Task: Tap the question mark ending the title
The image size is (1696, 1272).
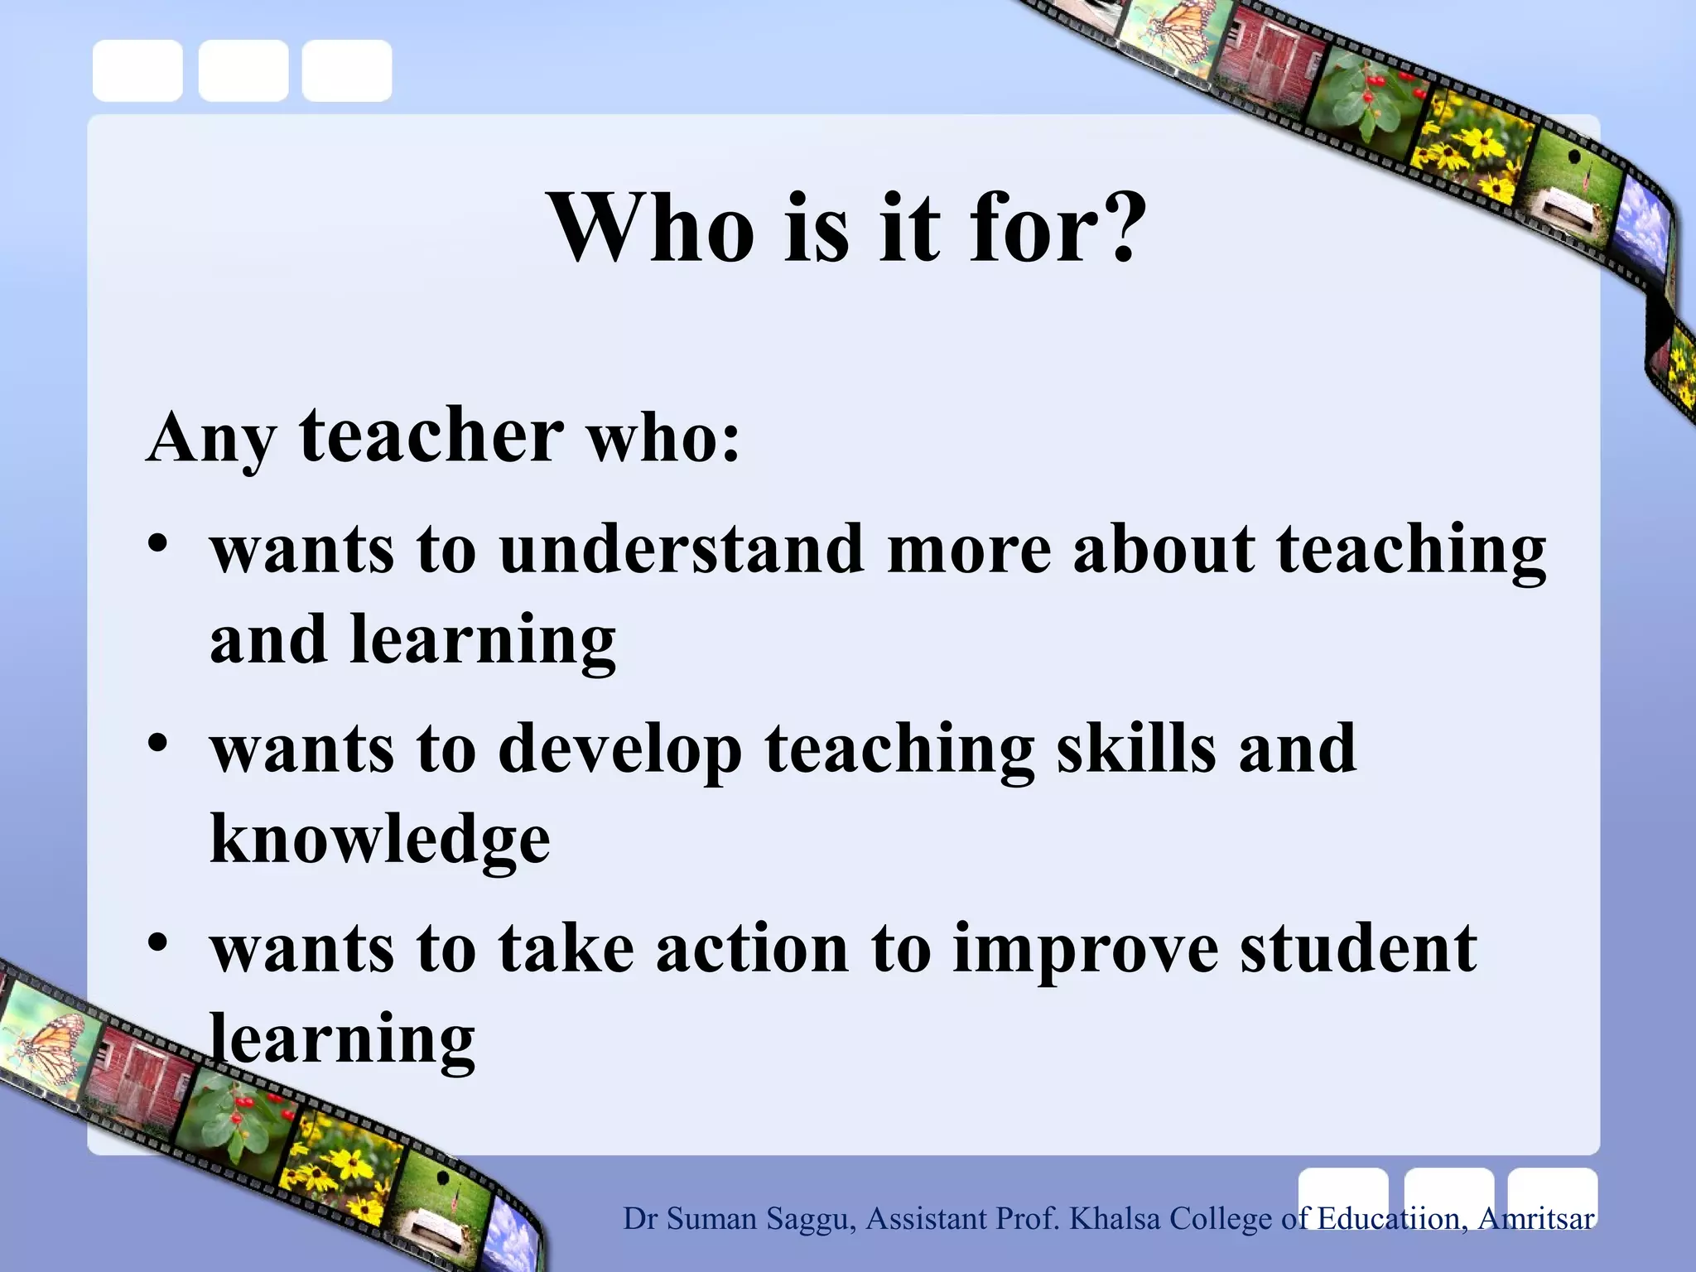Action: tap(1121, 227)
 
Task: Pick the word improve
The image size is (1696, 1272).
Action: tap(1086, 951)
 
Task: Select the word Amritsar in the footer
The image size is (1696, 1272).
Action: tap(1536, 1218)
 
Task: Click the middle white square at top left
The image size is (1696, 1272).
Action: tap(243, 70)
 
